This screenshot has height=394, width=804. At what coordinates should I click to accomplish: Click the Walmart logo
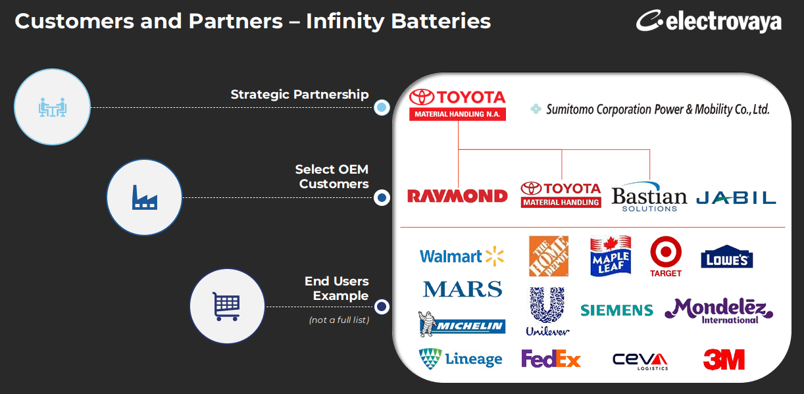461,257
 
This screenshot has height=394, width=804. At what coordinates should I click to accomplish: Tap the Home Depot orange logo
549,256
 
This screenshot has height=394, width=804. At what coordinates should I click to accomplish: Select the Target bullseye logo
666,256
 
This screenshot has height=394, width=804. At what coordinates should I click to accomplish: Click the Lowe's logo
726,257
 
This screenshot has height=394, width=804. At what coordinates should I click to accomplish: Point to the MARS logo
463,289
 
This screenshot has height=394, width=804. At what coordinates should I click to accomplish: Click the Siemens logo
616,310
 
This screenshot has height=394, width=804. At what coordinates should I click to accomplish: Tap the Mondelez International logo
718,310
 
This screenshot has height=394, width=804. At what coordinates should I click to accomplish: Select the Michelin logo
462,323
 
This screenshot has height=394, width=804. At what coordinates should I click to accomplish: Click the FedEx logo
551,359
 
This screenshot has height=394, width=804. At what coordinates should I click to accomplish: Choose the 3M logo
724,360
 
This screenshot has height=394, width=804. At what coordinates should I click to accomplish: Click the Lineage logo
461,359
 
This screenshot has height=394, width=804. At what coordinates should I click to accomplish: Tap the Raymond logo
457,195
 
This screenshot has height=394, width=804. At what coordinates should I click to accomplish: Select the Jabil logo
736,197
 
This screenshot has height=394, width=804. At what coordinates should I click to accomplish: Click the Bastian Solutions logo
649,197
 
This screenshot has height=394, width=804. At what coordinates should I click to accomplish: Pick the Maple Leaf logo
611,256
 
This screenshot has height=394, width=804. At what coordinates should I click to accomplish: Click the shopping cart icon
226,306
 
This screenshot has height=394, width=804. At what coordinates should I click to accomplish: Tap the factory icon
144,197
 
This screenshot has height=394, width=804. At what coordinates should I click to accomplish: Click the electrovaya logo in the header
709,21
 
